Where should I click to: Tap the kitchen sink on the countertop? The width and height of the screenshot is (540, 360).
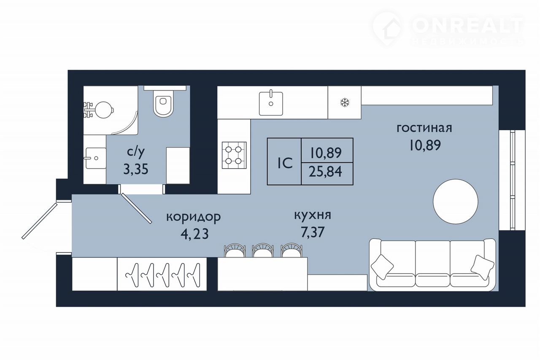click(x=271, y=104)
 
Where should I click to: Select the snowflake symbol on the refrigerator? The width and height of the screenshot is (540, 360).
click(x=345, y=103)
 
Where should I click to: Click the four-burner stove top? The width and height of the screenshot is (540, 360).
click(x=234, y=155)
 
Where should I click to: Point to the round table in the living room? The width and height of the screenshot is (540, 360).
click(x=455, y=201)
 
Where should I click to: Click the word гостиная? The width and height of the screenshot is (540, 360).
click(x=424, y=129)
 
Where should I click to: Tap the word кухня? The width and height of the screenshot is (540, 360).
click(x=313, y=215)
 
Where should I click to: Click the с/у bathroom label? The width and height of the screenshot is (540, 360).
click(x=136, y=152)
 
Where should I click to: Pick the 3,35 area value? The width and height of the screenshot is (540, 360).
click(x=136, y=169)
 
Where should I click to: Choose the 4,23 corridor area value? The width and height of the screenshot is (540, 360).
click(x=194, y=234)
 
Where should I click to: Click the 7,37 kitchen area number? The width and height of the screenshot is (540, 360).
click(x=313, y=232)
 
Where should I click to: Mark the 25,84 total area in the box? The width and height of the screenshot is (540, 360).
click(x=325, y=172)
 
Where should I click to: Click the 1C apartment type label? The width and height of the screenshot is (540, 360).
click(x=285, y=163)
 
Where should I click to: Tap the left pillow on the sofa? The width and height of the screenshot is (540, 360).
click(x=382, y=267)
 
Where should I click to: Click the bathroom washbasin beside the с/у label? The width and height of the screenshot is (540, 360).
click(x=96, y=158)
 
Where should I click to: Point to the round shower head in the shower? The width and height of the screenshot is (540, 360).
click(x=104, y=110)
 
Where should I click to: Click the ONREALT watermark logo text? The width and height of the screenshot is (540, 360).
click(x=467, y=26)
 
